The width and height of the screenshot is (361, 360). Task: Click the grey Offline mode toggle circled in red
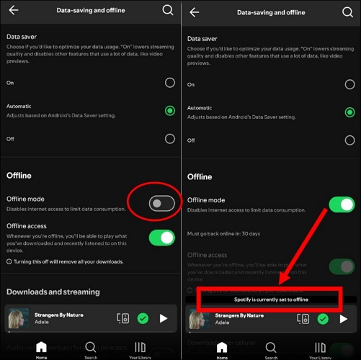[161, 204]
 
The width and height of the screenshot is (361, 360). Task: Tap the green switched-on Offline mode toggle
[342, 204]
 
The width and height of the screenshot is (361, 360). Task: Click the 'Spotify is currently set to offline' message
[271, 299]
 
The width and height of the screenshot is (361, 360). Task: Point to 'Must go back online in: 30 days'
[223, 233]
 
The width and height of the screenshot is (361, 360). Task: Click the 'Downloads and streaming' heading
[53, 292]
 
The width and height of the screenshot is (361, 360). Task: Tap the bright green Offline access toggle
[162, 237]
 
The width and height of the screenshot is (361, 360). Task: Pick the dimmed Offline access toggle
[342, 266]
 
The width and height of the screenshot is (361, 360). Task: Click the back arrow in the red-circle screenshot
[13, 10]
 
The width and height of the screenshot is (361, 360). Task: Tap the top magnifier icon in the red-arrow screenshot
[349, 10]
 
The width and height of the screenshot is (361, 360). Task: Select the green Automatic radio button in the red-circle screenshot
[169, 111]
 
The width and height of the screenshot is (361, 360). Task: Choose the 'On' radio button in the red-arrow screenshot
[349, 84]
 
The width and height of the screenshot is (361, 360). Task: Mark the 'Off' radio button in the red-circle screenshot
[169, 139]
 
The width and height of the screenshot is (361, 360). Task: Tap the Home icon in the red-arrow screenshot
[222, 348]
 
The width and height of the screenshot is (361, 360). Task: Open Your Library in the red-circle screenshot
[140, 348]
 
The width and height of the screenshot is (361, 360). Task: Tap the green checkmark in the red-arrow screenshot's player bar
[323, 318]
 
